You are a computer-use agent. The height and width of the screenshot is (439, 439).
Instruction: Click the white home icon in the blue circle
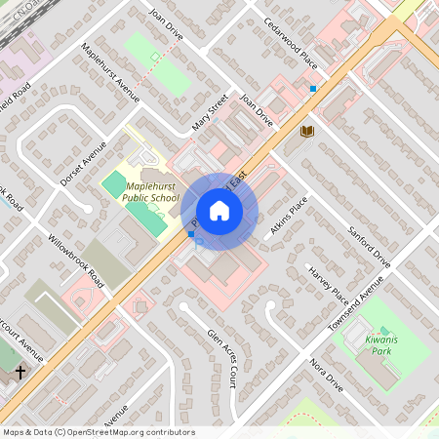219,211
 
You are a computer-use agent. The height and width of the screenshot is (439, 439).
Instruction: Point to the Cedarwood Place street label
291,41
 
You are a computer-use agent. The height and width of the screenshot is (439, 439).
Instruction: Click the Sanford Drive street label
369,247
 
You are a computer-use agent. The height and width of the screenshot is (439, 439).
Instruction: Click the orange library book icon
307,132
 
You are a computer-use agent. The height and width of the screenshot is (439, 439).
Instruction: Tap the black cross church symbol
20,372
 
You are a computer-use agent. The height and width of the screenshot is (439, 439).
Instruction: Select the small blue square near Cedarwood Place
312,89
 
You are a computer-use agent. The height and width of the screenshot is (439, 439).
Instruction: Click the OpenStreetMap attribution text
100,432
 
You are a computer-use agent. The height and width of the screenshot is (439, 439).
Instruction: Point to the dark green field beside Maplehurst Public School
114,182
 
